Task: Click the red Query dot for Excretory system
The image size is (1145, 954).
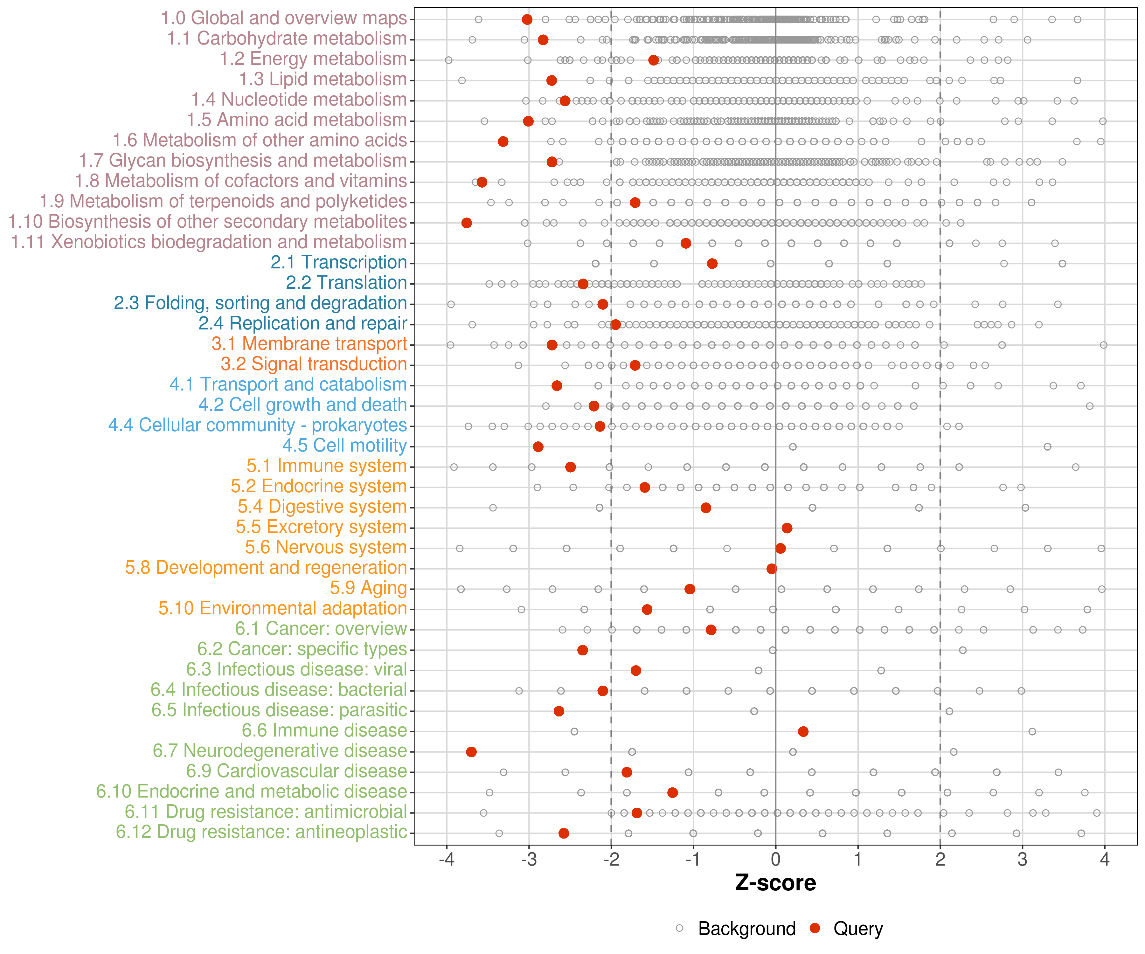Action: (x=787, y=528)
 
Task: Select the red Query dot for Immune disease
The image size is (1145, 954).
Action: (x=802, y=731)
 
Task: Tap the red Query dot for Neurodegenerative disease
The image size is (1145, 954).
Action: (x=471, y=752)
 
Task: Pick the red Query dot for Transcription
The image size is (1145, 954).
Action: (x=712, y=263)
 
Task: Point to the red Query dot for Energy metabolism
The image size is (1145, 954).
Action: (x=654, y=60)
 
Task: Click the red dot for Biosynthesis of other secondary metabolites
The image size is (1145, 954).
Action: (x=466, y=223)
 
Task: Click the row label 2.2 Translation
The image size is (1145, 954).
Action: (x=346, y=283)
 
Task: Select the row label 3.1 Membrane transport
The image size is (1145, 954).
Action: (x=309, y=344)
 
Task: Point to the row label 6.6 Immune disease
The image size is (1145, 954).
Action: (x=324, y=730)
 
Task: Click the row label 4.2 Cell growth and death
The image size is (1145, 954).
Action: (x=302, y=405)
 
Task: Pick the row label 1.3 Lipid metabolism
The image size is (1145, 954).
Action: (x=323, y=79)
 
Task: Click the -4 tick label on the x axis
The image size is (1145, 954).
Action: (x=446, y=860)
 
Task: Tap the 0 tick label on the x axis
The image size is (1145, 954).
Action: (x=775, y=860)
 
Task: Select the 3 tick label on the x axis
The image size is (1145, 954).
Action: (x=1022, y=860)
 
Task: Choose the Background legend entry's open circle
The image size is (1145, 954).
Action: (x=679, y=928)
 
